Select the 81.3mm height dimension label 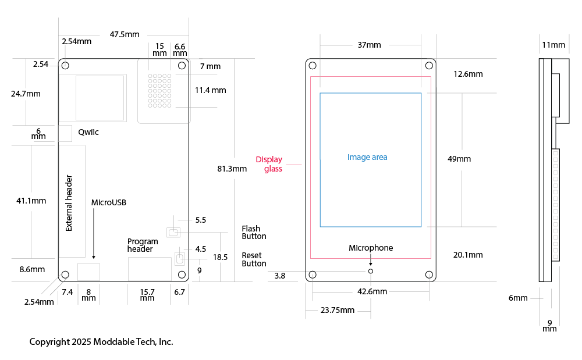point(232,169)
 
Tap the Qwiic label point(88,132)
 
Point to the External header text point(69,203)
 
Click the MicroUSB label point(109,203)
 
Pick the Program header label point(143,245)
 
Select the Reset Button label point(254,259)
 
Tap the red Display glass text point(269,164)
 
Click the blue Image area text point(367,157)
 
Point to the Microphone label point(371,248)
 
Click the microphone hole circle point(371,270)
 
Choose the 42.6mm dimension point(372,291)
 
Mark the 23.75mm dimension point(337,310)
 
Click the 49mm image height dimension point(459,159)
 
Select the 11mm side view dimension point(553,45)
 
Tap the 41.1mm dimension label point(31,201)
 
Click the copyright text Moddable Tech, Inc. point(101,341)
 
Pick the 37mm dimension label point(370,45)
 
